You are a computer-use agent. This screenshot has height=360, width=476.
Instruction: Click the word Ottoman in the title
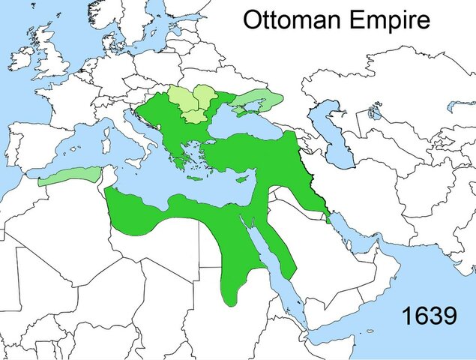(x=288, y=19)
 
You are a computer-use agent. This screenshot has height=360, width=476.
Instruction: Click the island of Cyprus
(x=242, y=179)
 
